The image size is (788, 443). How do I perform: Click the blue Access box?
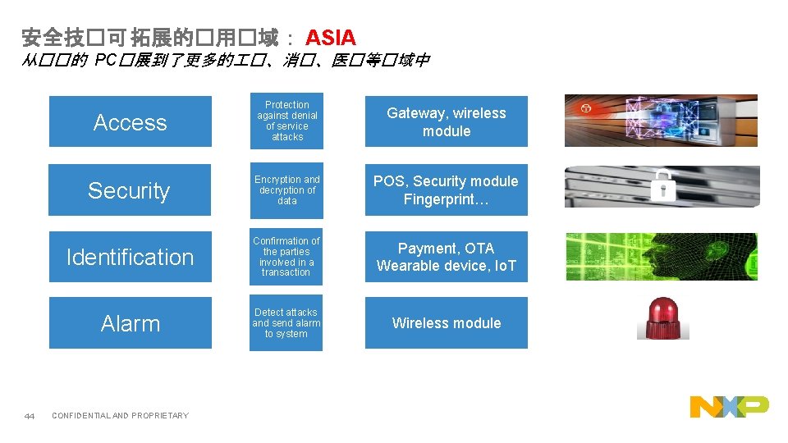(x=130, y=122)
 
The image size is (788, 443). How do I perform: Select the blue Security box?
(x=129, y=190)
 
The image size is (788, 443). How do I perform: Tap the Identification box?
(x=130, y=257)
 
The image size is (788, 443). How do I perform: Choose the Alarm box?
(x=130, y=323)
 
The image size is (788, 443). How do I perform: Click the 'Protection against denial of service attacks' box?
(x=286, y=121)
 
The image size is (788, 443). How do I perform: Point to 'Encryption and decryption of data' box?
(x=286, y=190)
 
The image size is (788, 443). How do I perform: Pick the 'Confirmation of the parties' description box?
(x=286, y=257)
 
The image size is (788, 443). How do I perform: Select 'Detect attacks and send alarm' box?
(x=286, y=323)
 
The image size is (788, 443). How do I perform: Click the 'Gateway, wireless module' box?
(x=446, y=122)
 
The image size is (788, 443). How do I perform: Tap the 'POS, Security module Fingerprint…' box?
(x=446, y=190)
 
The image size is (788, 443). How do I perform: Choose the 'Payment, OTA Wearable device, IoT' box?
(x=446, y=257)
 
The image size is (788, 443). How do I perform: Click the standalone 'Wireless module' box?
(x=446, y=323)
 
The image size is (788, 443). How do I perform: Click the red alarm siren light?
(x=662, y=317)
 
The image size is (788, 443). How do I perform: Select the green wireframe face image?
(x=661, y=257)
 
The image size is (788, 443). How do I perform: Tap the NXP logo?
(x=729, y=406)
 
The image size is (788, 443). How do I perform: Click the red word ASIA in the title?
(x=330, y=37)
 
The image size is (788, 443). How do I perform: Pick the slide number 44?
(x=30, y=416)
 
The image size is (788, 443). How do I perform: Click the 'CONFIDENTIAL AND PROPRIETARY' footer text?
(x=120, y=416)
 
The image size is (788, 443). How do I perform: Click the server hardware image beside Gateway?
(x=661, y=121)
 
